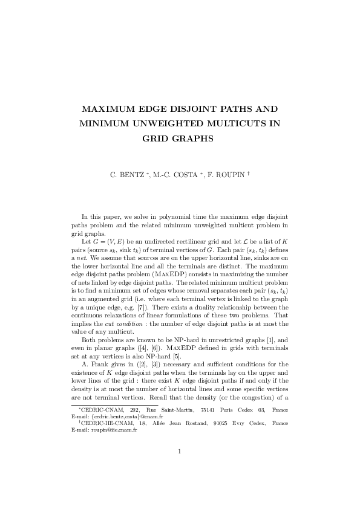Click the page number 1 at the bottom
click(x=180, y=468)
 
